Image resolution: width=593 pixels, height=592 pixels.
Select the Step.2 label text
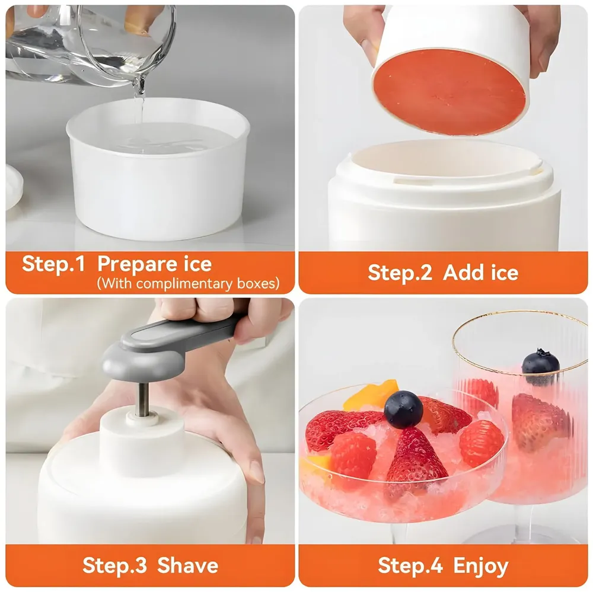tap(401, 273)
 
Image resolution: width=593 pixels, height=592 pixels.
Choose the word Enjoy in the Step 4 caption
tap(480, 566)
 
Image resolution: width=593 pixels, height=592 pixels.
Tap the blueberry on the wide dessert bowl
tap(403, 409)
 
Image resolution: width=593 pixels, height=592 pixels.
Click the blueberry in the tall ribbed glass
tap(540, 362)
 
